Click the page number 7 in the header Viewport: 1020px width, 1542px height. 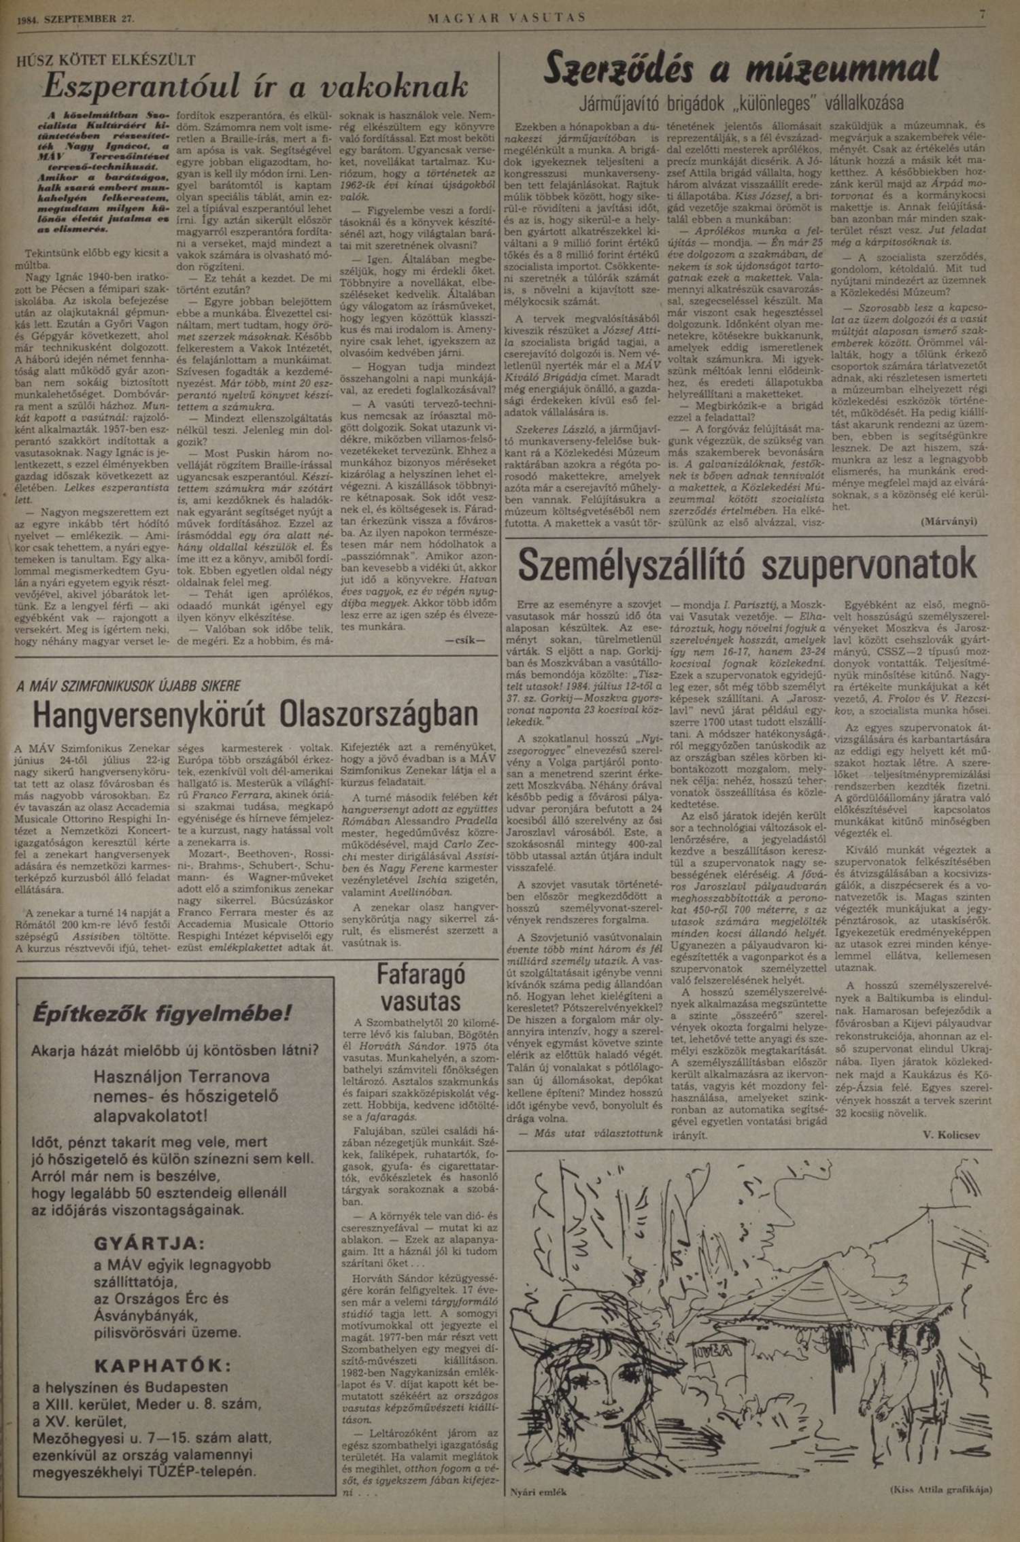click(983, 14)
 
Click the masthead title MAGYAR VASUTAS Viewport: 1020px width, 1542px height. click(507, 18)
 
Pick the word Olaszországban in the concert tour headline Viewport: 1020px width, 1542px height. click(379, 714)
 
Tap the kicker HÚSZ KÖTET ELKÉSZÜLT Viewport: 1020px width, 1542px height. click(106, 60)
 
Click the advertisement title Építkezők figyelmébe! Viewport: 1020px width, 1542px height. click(163, 1014)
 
